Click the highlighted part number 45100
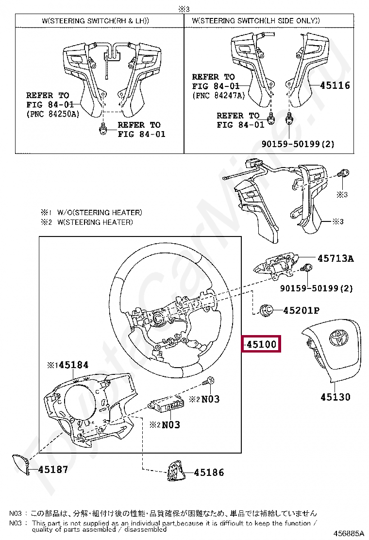pos(261,344)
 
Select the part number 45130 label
pos(335,397)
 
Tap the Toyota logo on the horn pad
pos(336,337)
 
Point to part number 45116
pos(335,85)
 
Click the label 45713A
pos(335,258)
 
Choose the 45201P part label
pos(301,309)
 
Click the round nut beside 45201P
pos(266,309)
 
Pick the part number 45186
pos(209,472)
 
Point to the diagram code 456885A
pos(348,533)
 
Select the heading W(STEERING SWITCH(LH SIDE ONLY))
pos(256,20)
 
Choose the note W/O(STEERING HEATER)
pos(100,212)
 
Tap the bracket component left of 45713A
pos(276,265)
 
